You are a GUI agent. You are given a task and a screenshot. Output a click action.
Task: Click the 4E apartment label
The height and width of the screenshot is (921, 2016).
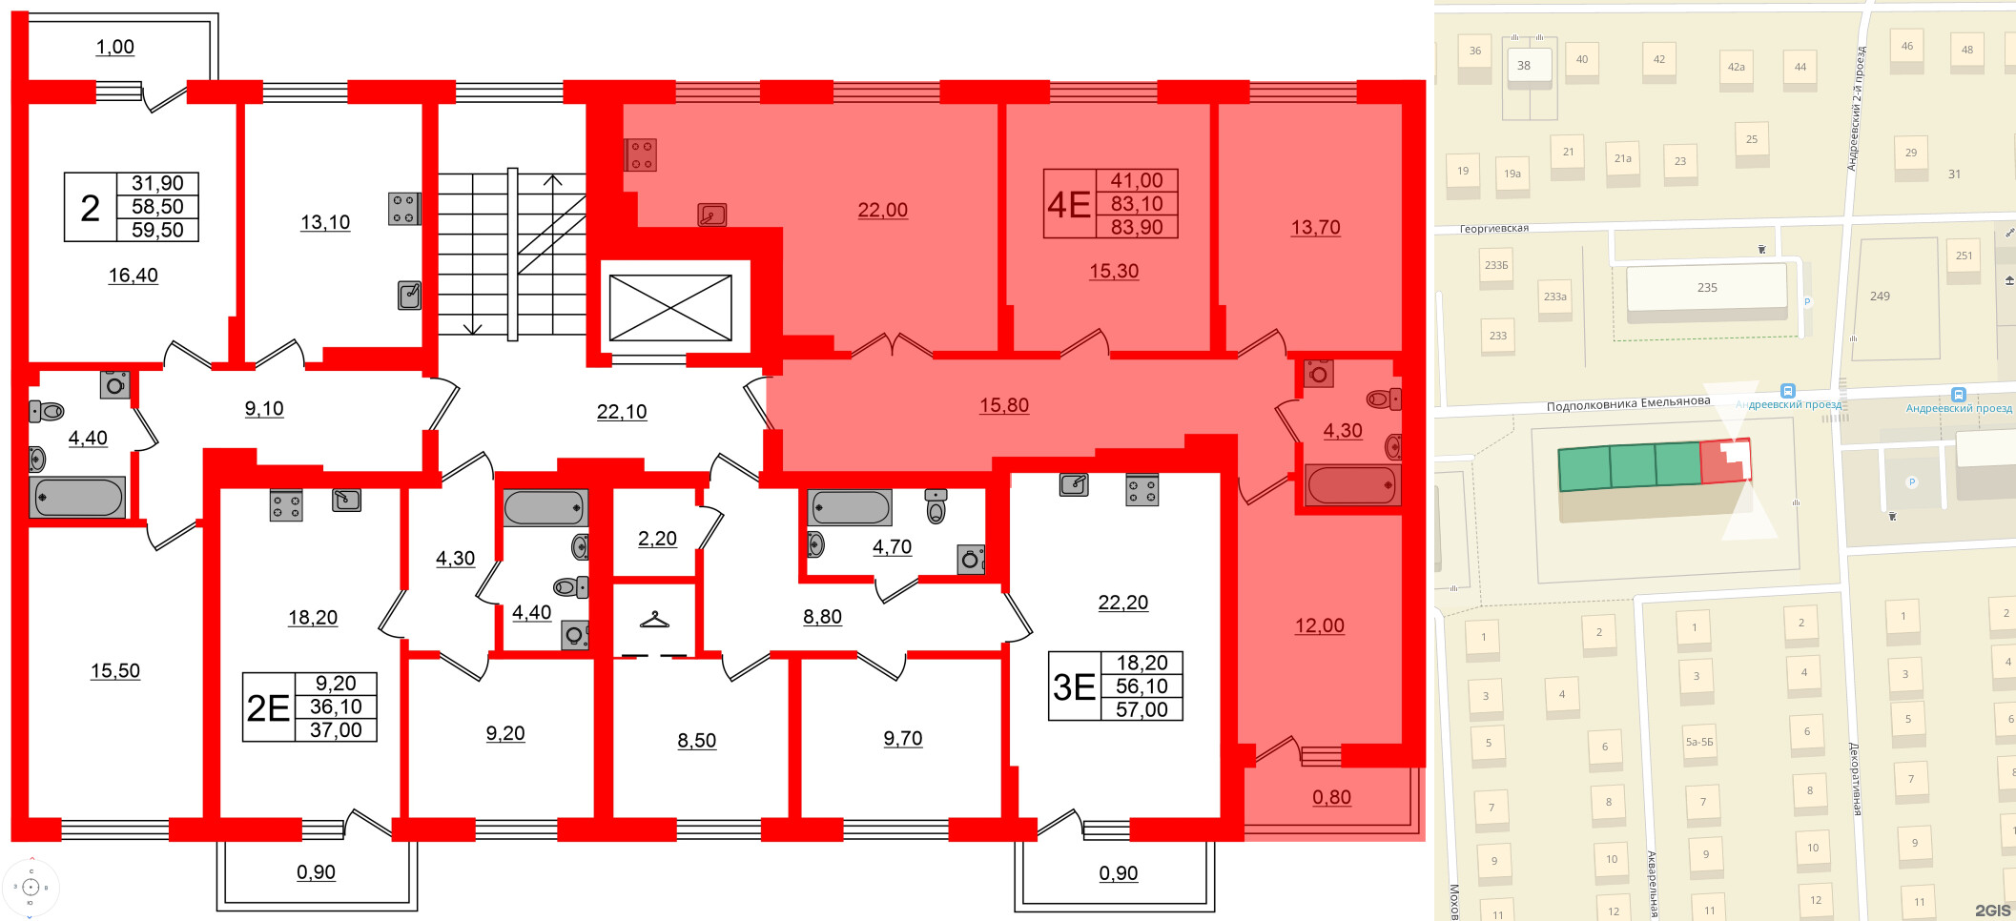tap(1068, 204)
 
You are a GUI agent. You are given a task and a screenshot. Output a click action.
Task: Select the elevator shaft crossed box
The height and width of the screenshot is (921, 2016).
tap(670, 308)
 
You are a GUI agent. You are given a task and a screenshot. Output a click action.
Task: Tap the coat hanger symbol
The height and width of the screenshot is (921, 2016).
tap(654, 620)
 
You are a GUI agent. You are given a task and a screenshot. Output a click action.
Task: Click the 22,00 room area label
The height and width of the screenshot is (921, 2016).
tap(882, 210)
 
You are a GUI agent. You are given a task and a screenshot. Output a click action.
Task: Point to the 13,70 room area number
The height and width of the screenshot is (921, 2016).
tap(1315, 228)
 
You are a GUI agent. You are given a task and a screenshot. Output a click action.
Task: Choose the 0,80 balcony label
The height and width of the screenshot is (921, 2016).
tap(1331, 797)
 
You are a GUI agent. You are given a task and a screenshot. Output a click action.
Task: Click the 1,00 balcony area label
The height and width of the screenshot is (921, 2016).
tap(114, 47)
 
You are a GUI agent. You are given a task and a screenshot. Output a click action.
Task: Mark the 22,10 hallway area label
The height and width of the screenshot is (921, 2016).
tap(622, 412)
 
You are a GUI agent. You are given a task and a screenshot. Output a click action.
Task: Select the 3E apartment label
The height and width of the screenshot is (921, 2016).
tap(1073, 686)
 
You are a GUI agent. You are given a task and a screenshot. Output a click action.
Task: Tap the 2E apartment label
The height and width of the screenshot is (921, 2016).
tap(268, 707)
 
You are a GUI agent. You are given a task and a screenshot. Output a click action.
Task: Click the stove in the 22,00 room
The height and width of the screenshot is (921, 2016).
tap(641, 154)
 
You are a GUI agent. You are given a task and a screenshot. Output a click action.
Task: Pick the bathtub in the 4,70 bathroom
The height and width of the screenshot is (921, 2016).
tap(849, 507)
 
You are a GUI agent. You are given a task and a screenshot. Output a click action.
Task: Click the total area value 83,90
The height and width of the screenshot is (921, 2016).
tap(1137, 227)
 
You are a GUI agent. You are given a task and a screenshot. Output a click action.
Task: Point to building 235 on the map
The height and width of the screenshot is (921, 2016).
tap(1706, 288)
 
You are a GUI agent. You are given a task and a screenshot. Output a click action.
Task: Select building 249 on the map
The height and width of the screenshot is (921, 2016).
tap(1880, 297)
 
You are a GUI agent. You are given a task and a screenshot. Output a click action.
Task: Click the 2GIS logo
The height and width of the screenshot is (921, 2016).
tap(1992, 911)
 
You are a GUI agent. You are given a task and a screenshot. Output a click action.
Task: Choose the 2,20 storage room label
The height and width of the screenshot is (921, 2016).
tap(657, 539)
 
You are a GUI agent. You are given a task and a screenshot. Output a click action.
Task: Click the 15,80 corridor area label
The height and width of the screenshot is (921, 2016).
tap(1004, 405)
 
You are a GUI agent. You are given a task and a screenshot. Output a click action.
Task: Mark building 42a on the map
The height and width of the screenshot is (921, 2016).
tap(1736, 68)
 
